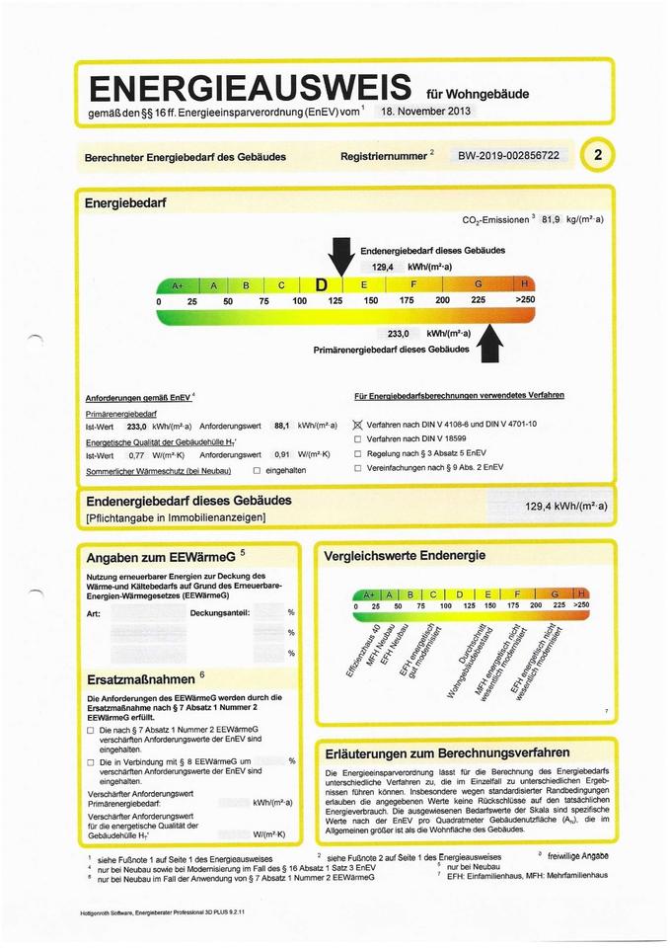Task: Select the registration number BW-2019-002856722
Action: pyautogui.click(x=509, y=156)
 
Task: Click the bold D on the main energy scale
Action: pyautogui.click(x=322, y=285)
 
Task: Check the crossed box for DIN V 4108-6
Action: pyautogui.click(x=358, y=425)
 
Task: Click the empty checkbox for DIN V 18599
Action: pyautogui.click(x=358, y=438)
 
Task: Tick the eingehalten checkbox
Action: pyautogui.click(x=257, y=470)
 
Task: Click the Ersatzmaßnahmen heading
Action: pyautogui.click(x=140, y=679)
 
